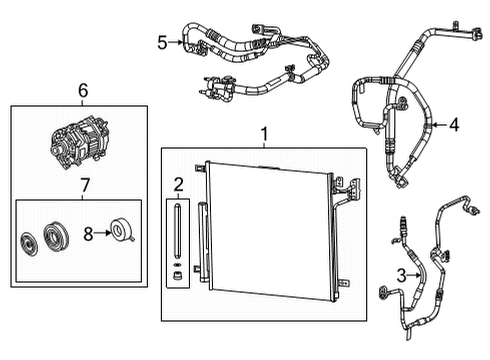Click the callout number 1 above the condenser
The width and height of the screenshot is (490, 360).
click(x=264, y=133)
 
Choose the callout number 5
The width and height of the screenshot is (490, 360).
click(x=162, y=42)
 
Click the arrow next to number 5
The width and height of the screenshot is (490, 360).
click(x=177, y=42)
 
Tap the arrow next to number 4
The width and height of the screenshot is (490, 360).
click(x=437, y=125)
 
